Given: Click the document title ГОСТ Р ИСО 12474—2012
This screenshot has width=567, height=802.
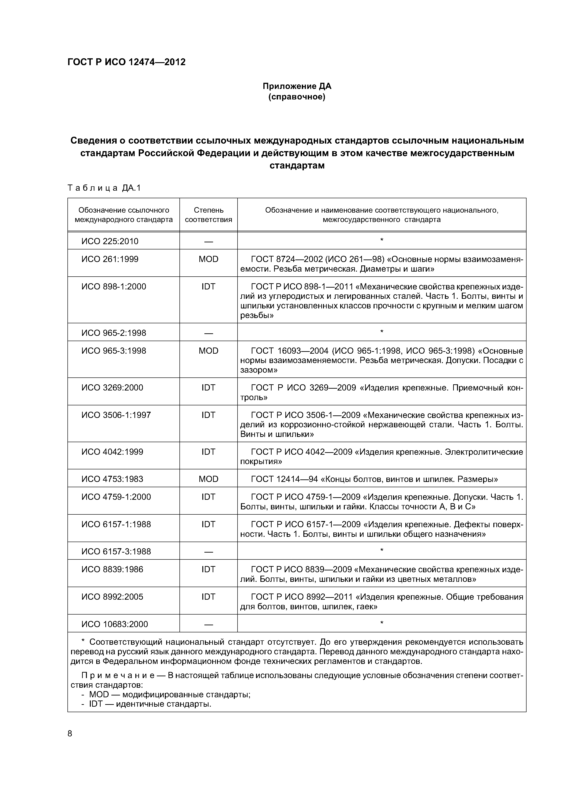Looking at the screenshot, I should coord(126,62).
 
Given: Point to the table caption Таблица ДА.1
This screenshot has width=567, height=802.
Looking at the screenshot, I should coord(104,188).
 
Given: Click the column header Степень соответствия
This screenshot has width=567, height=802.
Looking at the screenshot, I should coord(209,215).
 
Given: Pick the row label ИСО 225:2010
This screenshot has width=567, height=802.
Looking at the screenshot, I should coord(110,241).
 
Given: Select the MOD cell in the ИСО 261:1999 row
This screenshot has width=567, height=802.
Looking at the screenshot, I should coord(209,259).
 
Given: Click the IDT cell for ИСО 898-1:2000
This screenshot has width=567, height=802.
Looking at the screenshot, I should coord(209,287).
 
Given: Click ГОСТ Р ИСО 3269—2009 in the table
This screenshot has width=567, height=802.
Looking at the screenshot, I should coord(303,388).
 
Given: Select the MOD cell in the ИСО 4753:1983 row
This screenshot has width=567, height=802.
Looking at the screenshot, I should coord(209,479).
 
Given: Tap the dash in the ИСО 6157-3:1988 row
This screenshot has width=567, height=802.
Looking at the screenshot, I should coord(209,552).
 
